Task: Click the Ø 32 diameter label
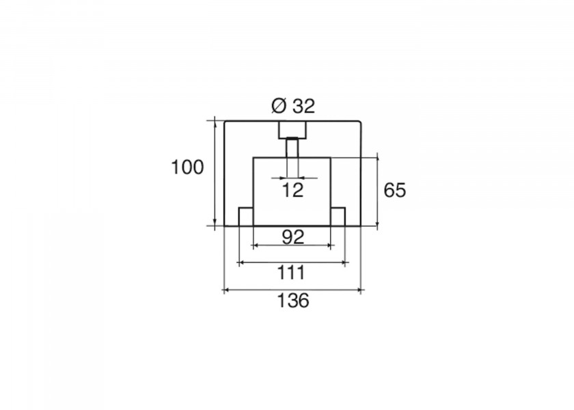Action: click(293, 106)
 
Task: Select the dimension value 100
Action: click(187, 167)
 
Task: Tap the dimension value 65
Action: click(395, 191)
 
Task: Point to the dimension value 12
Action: click(293, 191)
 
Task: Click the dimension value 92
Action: click(293, 237)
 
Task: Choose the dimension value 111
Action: click(291, 273)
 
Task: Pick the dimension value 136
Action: click(293, 301)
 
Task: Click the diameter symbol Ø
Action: click(279, 106)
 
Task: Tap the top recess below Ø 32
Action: click(292, 130)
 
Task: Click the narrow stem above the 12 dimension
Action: click(292, 148)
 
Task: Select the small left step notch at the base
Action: click(246, 217)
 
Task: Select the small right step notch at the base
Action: click(338, 217)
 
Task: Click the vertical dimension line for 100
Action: click(215, 173)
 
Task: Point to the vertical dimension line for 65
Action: click(377, 191)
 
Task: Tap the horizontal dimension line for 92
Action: click(292, 245)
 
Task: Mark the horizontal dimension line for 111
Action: click(292, 262)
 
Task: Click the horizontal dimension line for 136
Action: click(292, 290)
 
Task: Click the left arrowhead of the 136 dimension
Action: click(227, 290)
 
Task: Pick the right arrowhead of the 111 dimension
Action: click(342, 262)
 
